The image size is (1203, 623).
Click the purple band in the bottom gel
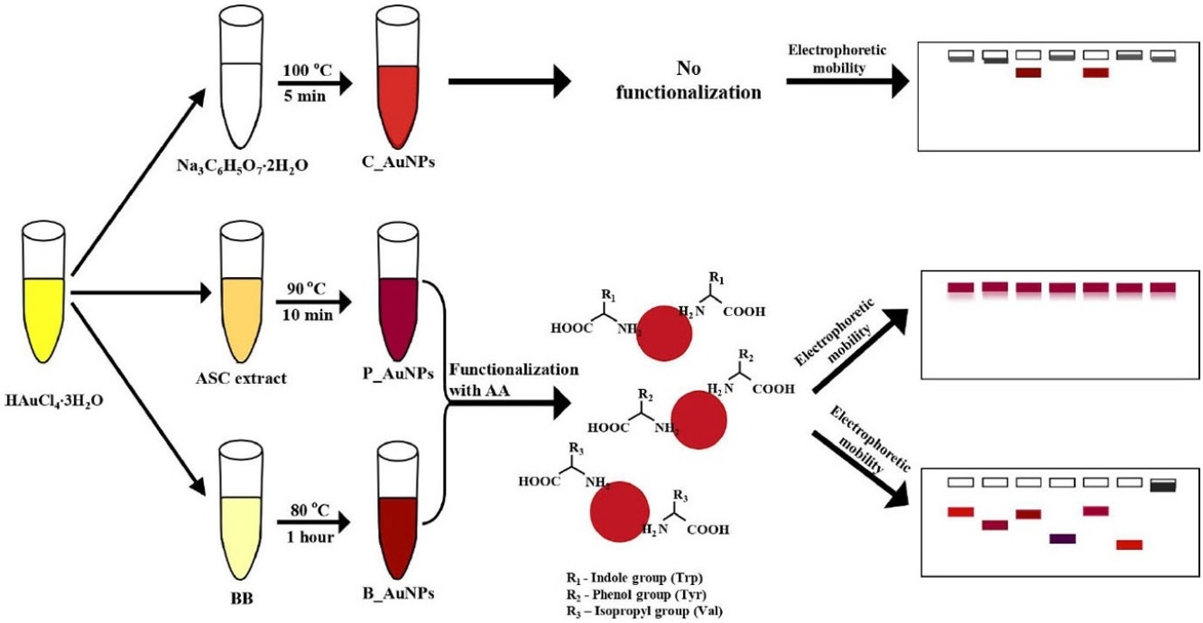(1063, 539)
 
